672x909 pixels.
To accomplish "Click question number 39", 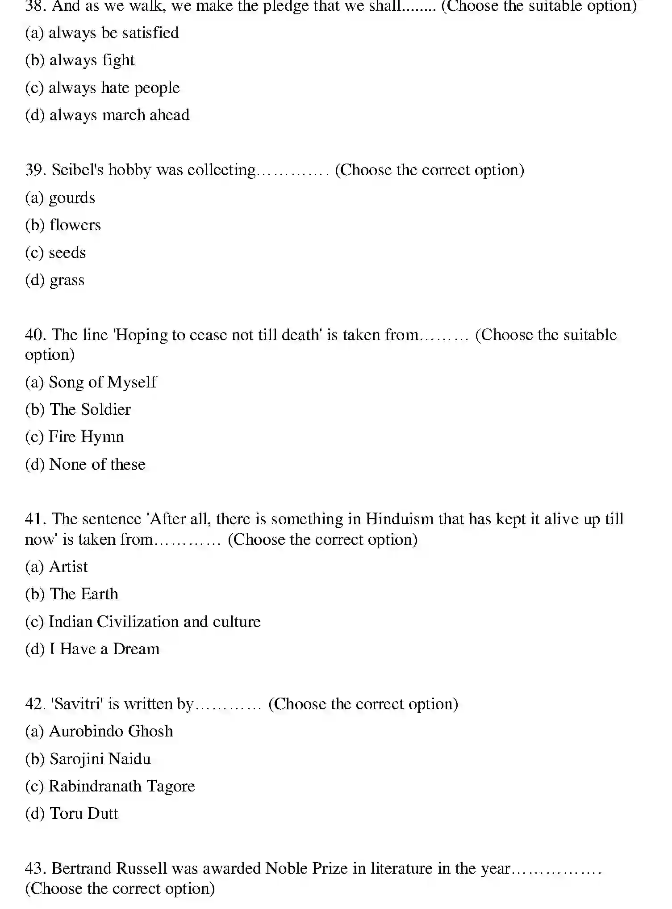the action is tap(35, 170).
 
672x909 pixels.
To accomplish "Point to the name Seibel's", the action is tap(78, 170).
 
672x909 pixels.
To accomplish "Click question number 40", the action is tap(35, 335).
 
